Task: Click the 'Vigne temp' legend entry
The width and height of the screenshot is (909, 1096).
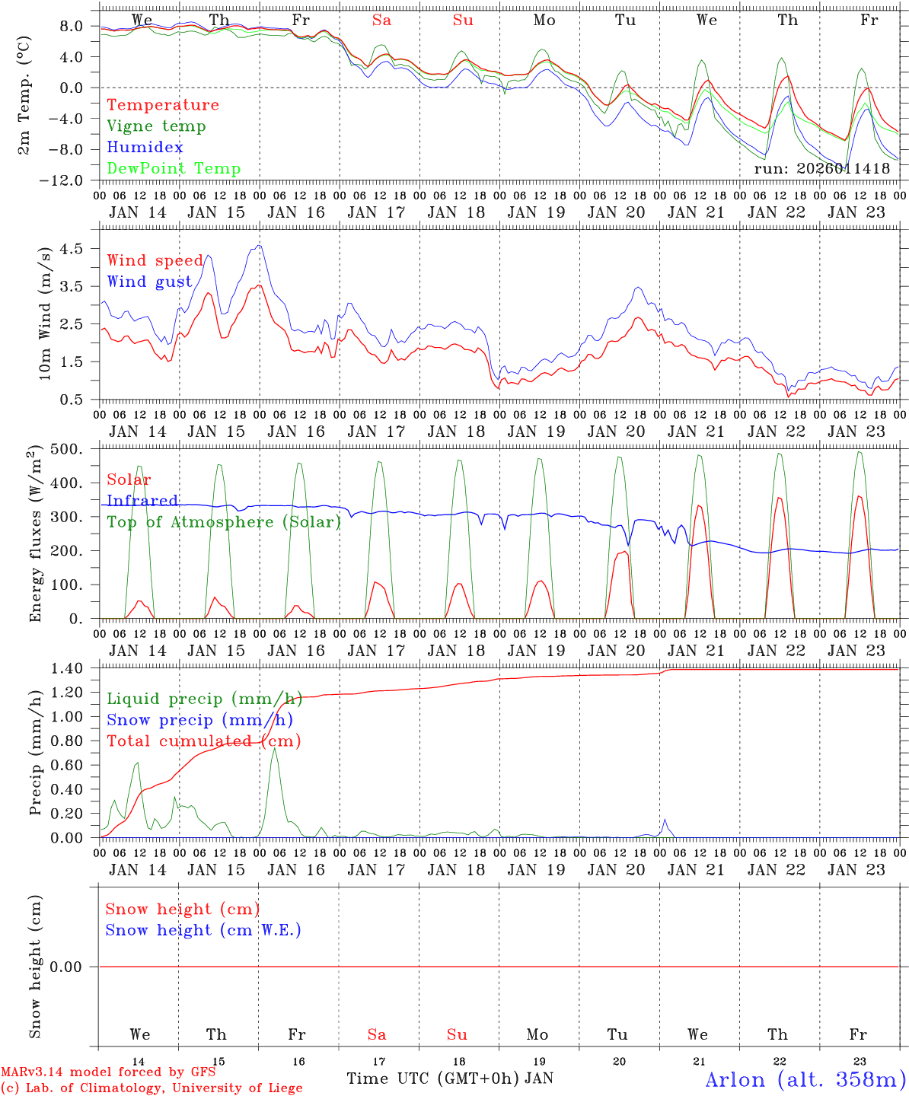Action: click(156, 126)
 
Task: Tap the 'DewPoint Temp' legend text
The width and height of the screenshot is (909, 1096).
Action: click(174, 169)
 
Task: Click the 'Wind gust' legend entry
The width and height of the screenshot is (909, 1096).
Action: click(150, 282)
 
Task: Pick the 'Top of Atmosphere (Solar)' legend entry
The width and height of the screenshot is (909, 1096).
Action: click(224, 522)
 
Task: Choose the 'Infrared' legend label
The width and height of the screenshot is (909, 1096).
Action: click(142, 501)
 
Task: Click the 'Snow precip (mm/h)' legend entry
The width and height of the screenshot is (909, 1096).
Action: click(200, 720)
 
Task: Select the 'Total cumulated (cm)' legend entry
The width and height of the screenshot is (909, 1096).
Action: click(204, 741)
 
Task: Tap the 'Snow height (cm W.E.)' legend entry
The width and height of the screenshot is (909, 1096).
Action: click(203, 930)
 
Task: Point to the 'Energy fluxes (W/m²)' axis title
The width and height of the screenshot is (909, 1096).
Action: click(36, 535)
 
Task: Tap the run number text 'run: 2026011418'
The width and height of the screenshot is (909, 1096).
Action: click(822, 168)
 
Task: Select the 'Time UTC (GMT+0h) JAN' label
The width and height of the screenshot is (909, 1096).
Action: click(450, 1078)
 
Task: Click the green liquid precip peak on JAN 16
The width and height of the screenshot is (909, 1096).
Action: click(274, 749)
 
